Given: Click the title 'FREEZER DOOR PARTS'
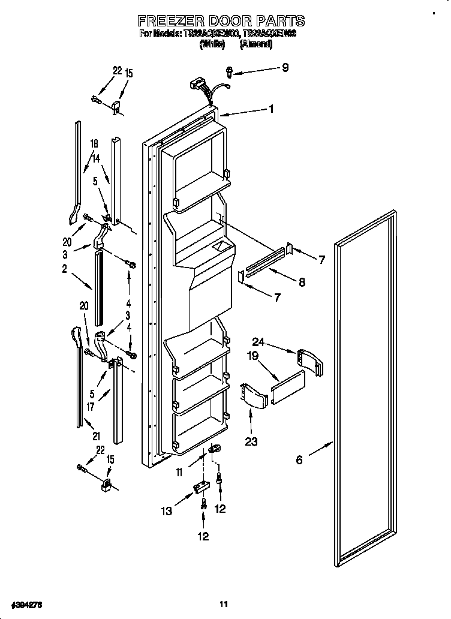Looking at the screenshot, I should pyautogui.click(x=221, y=22).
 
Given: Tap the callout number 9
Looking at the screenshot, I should pyautogui.click(x=285, y=68).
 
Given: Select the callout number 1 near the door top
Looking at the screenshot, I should pyautogui.click(x=271, y=109).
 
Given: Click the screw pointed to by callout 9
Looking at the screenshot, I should pyautogui.click(x=230, y=73).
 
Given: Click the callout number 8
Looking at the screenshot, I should pyautogui.click(x=302, y=282).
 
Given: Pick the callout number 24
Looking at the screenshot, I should pyautogui.click(x=258, y=342).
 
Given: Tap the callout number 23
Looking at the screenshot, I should pyautogui.click(x=251, y=442).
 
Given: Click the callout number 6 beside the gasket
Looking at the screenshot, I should pyautogui.click(x=299, y=460).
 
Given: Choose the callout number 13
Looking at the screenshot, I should pyautogui.click(x=167, y=511).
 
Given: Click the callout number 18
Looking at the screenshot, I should pyautogui.click(x=94, y=144).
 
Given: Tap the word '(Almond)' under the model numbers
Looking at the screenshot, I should pyautogui.click(x=256, y=44).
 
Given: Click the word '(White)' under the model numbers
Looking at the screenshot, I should pyautogui.click(x=213, y=44).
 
